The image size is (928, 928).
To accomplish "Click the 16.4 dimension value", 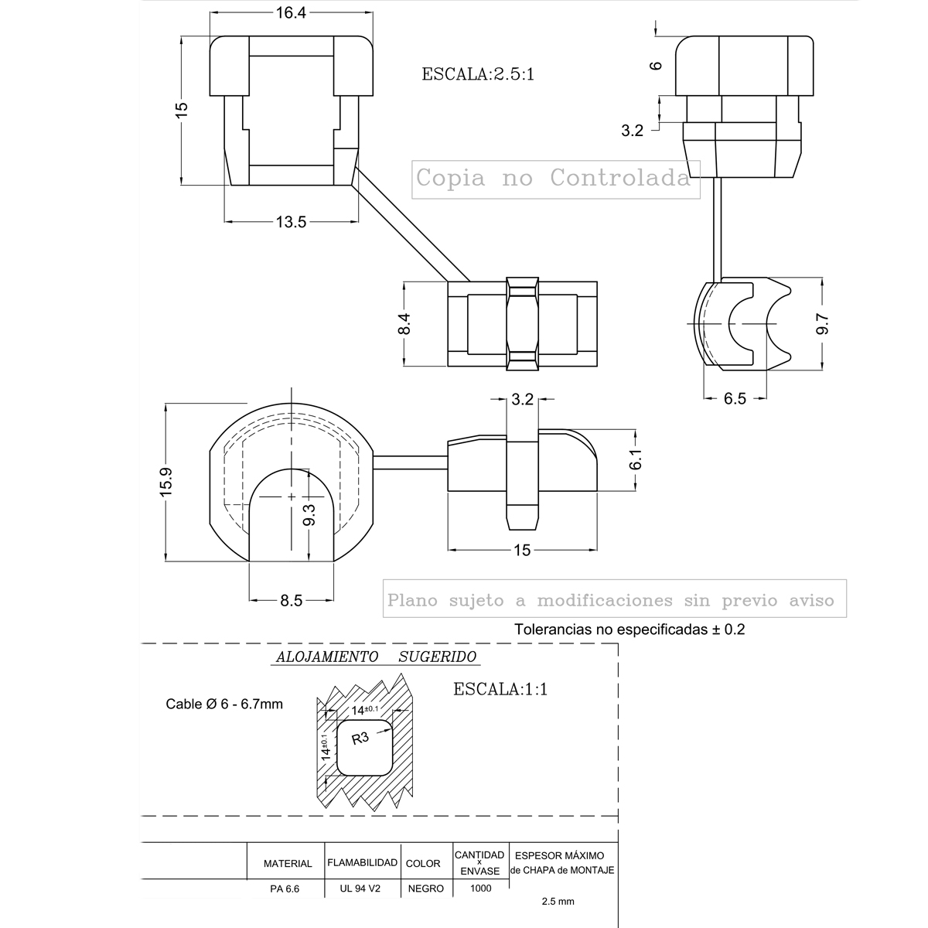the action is (291, 13).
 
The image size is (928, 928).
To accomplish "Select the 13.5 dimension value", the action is (291, 222).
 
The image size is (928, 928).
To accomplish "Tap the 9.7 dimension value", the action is (823, 323).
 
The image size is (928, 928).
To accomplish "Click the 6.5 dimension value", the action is (735, 398).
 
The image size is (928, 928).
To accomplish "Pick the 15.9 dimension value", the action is (165, 482).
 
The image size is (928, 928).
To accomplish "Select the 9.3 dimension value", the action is (309, 514).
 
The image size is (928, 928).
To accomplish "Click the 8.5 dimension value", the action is (292, 601).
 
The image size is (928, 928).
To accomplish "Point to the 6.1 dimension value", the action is (636, 459).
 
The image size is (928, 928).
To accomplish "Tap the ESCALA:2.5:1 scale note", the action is (478, 74).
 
